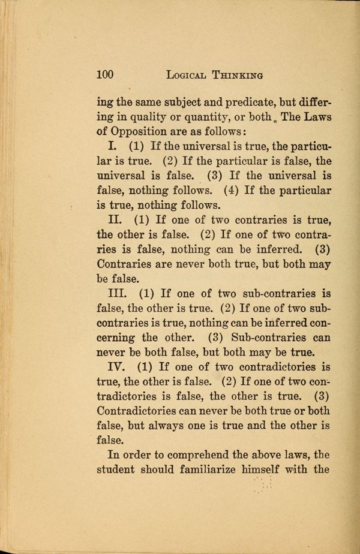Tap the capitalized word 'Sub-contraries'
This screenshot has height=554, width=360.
point(264,336)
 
